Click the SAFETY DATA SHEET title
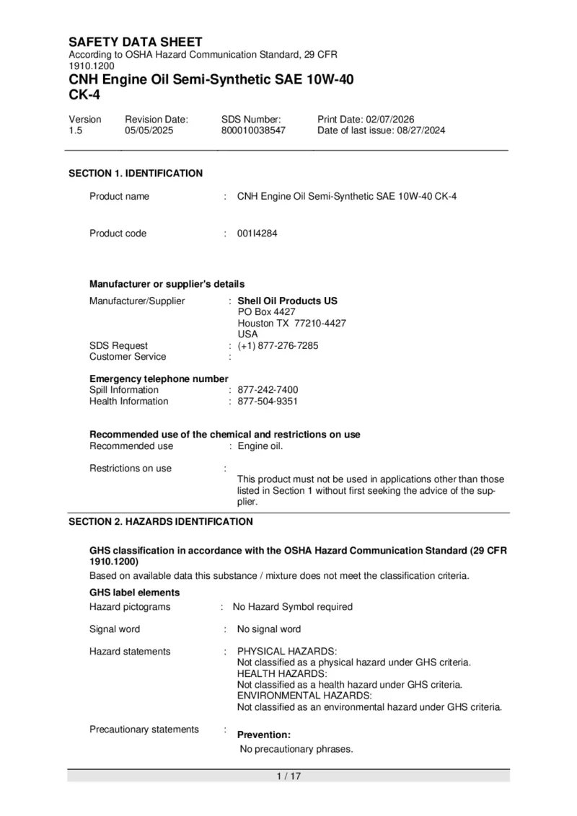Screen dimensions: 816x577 [x=135, y=42]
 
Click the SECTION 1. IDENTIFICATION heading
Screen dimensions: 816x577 [x=136, y=173]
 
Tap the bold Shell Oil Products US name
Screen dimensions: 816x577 [x=288, y=301]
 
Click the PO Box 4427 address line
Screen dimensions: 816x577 [x=266, y=311]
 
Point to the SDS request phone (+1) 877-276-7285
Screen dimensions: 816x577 [x=278, y=345]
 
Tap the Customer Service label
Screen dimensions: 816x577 [x=128, y=357]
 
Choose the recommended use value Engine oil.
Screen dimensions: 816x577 [x=260, y=446]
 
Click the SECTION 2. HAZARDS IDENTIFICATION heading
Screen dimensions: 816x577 [x=161, y=521]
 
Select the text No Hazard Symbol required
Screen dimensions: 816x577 [x=293, y=607]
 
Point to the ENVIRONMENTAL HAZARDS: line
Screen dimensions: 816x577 [x=304, y=696]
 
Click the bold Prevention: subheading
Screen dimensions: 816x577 [x=264, y=735]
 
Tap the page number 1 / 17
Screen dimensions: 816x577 [x=288, y=776]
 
